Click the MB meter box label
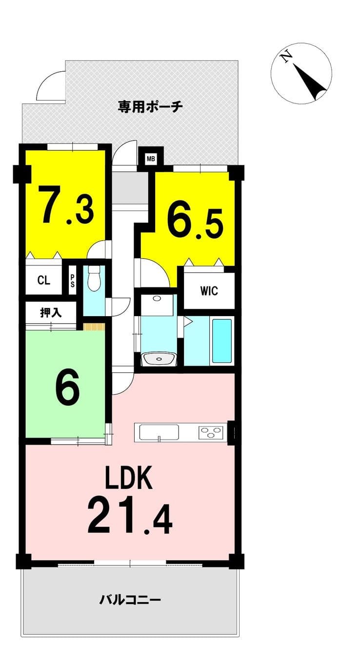click(x=151, y=159)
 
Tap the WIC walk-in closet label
click(x=209, y=290)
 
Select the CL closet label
click(x=44, y=280)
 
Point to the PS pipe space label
click(x=72, y=280)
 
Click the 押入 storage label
click(x=51, y=313)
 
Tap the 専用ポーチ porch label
click(x=150, y=106)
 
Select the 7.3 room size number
click(x=67, y=205)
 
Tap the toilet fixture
click(x=95, y=278)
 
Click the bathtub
click(x=222, y=340)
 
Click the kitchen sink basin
click(x=159, y=432)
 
